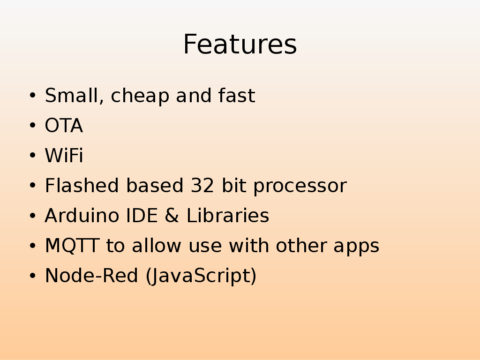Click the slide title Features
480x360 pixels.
[240, 45]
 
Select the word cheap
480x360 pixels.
[140, 97]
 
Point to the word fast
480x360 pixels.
[237, 95]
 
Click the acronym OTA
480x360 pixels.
[64, 125]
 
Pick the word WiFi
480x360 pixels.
[64, 155]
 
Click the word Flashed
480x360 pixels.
[82, 185]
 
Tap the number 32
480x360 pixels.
[202, 186]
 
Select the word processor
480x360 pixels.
[300, 187]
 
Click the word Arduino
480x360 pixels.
[82, 215]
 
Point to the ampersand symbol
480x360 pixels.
[172, 215]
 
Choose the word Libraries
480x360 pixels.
[228, 215]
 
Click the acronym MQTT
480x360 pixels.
[72, 246]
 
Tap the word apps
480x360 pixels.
[356, 247]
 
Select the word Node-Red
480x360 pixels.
[91, 276]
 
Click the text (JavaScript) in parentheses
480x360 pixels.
[201, 276]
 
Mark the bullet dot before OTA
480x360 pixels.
[33, 125]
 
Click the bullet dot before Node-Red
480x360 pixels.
[33, 276]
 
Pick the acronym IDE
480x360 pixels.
[142, 215]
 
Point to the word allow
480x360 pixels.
[157, 245]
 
